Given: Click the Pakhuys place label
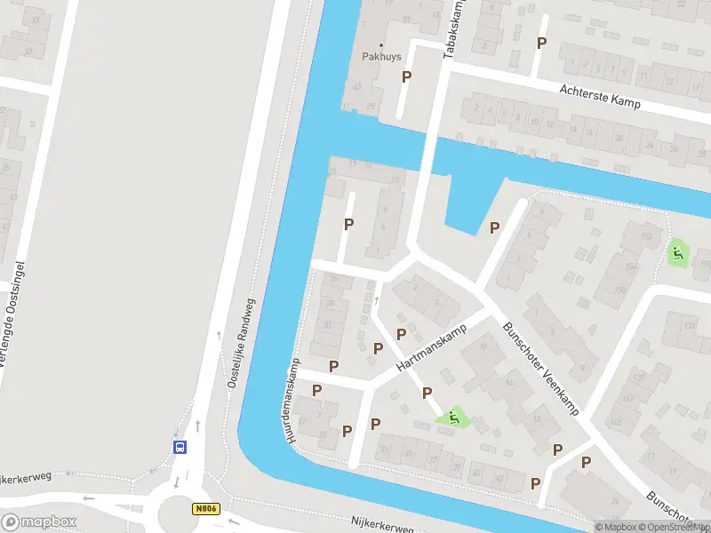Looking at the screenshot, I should [382, 57].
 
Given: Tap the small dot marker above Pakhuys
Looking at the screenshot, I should [382, 44].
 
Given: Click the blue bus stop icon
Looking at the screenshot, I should [180, 447].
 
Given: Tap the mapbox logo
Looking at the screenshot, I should [39, 521].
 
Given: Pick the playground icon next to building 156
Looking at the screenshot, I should [677, 252].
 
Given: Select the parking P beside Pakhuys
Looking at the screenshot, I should [407, 77].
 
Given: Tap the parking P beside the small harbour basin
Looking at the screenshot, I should [494, 228].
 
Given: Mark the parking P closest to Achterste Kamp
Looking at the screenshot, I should [541, 43].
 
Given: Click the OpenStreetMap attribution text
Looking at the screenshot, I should [673, 527].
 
